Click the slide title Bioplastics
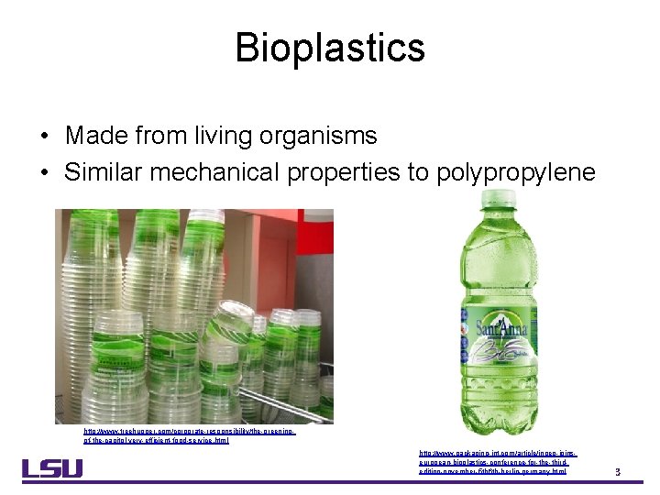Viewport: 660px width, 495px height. pyautogui.click(x=329, y=48)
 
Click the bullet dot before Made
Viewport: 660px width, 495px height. pyautogui.click(x=44, y=137)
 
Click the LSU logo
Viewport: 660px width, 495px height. pyautogui.click(x=52, y=467)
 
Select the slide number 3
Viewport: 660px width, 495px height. pyautogui.click(x=618, y=472)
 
